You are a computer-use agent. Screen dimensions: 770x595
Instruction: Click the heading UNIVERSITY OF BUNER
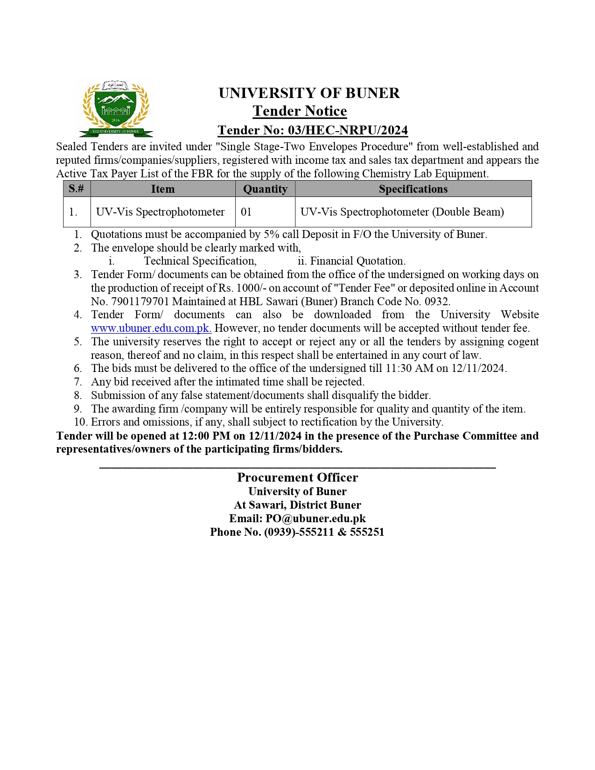click(x=309, y=93)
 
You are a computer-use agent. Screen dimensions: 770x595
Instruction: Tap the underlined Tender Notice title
click(x=300, y=111)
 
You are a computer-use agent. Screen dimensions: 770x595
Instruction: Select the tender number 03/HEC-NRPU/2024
click(x=348, y=130)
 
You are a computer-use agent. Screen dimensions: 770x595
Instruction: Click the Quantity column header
click(x=265, y=189)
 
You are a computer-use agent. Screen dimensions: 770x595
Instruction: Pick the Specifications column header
click(x=413, y=189)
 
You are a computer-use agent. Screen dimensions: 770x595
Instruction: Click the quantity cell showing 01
click(x=246, y=212)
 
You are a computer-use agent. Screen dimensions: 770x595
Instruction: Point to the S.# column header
click(x=77, y=189)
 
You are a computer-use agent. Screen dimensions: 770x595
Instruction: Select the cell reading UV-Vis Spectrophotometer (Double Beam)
click(x=402, y=212)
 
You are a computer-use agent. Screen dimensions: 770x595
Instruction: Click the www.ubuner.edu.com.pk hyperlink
click(x=151, y=328)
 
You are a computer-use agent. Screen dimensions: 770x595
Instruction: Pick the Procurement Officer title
click(x=297, y=477)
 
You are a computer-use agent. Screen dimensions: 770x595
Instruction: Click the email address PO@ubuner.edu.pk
click(x=315, y=518)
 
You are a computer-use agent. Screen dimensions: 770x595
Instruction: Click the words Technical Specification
click(x=200, y=261)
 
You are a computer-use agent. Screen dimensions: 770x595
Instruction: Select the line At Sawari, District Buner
click(x=297, y=505)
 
